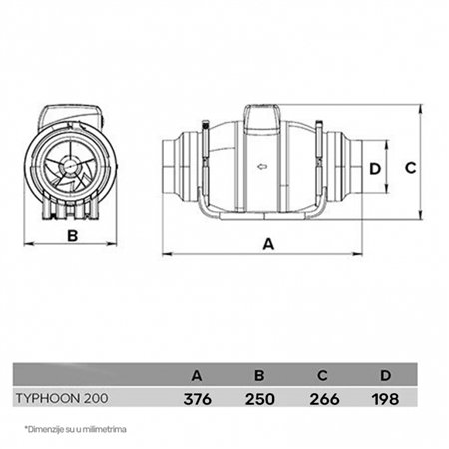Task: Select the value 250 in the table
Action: (x=260, y=398)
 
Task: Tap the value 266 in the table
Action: (x=323, y=398)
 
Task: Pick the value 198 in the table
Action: (x=384, y=398)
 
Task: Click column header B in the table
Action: (x=260, y=375)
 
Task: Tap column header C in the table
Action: (x=323, y=375)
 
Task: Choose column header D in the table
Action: (x=384, y=375)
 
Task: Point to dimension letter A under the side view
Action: (x=268, y=242)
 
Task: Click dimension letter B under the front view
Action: (x=72, y=235)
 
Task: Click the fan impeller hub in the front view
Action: (x=72, y=167)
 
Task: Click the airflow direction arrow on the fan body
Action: (x=261, y=167)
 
